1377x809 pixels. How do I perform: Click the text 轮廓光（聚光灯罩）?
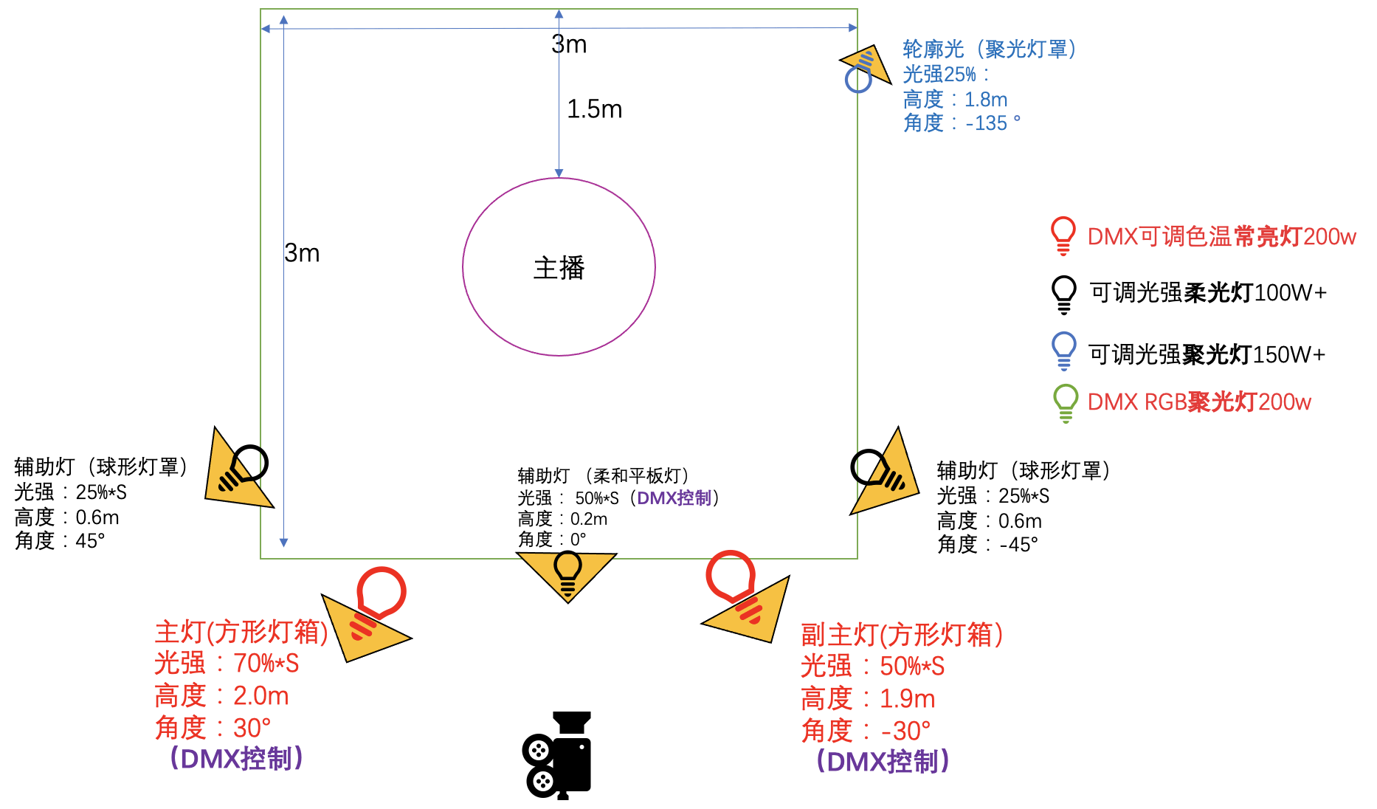point(989,49)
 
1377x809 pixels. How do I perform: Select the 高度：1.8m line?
point(955,99)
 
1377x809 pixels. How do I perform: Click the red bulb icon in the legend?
point(1063,235)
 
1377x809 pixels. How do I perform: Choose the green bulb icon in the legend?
point(1066,403)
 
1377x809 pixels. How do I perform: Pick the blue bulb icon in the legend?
point(1063,351)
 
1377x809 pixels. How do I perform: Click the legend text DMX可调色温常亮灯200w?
point(1221,236)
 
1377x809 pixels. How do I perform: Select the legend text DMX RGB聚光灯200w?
point(1199,402)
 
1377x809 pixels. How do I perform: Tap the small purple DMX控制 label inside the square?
point(674,498)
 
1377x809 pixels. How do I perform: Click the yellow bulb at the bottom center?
point(567,574)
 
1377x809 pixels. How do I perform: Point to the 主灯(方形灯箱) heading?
point(241,632)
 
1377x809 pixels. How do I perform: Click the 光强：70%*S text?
point(227,664)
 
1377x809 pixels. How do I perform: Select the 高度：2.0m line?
point(221,695)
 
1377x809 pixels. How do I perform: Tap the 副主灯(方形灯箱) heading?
point(901,634)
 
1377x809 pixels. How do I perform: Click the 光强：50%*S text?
point(872,667)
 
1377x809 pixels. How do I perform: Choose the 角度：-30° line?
point(866,731)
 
